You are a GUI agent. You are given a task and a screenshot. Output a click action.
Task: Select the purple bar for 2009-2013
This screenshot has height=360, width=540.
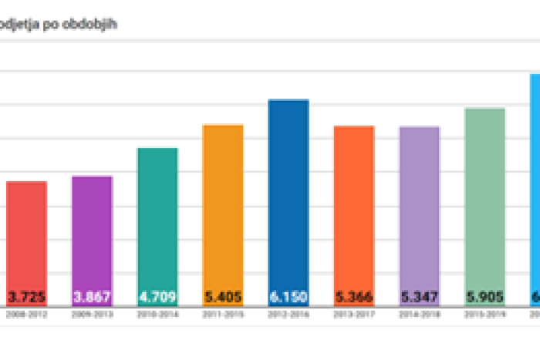[x=92, y=231]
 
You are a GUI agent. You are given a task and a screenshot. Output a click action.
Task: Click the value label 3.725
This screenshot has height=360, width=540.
[x=26, y=297]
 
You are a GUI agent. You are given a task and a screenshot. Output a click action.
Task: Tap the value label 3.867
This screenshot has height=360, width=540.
[x=92, y=297]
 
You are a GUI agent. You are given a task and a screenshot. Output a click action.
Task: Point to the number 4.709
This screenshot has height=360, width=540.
[x=157, y=297]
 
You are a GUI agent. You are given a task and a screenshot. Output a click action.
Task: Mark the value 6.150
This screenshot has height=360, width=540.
[x=289, y=297]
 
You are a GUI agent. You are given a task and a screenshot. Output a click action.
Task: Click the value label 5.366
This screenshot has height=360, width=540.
[x=354, y=297]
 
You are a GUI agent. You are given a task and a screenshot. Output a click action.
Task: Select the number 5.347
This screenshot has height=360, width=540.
[x=420, y=297]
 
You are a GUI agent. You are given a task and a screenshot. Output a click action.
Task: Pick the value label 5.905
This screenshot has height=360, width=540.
[x=485, y=297]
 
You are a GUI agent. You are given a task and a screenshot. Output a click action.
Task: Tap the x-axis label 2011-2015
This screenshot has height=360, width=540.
[x=223, y=315]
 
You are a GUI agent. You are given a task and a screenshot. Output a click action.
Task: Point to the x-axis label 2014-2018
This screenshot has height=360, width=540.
[x=420, y=315]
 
